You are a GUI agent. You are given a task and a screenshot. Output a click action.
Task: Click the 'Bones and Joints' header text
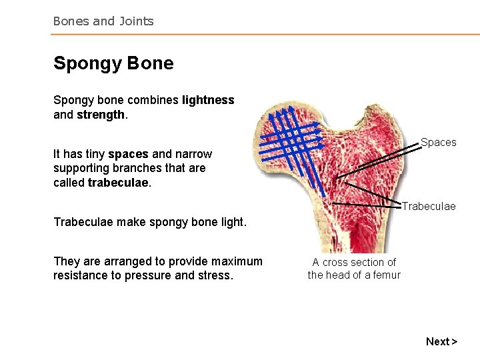click(103, 21)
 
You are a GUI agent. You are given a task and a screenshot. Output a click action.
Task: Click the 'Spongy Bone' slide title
click(113, 63)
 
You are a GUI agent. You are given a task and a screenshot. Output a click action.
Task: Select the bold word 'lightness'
click(207, 100)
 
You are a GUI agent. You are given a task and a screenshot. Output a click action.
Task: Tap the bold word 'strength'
click(101, 115)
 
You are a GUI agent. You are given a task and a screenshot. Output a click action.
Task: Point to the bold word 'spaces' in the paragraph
click(128, 154)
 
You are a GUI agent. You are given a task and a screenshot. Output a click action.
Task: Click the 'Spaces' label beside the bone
click(438, 142)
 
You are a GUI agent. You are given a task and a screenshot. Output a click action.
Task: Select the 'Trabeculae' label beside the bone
click(429, 206)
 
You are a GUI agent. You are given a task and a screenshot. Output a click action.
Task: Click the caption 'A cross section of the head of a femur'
click(354, 268)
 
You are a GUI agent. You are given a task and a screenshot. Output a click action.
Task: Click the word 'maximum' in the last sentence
click(238, 261)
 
